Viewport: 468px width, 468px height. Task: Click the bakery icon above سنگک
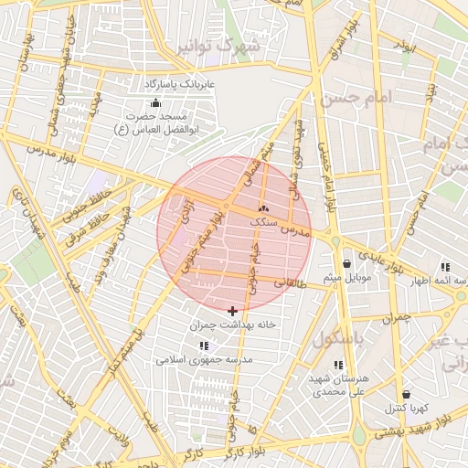(x=263, y=209)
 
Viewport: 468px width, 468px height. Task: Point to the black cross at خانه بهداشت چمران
(x=232, y=312)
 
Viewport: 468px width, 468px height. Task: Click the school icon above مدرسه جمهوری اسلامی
(x=203, y=346)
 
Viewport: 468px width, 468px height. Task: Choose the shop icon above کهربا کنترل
(x=405, y=394)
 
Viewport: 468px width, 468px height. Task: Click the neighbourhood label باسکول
(x=339, y=339)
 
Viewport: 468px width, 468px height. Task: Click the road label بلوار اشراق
(x=335, y=55)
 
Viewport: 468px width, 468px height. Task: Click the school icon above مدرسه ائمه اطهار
(x=445, y=266)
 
